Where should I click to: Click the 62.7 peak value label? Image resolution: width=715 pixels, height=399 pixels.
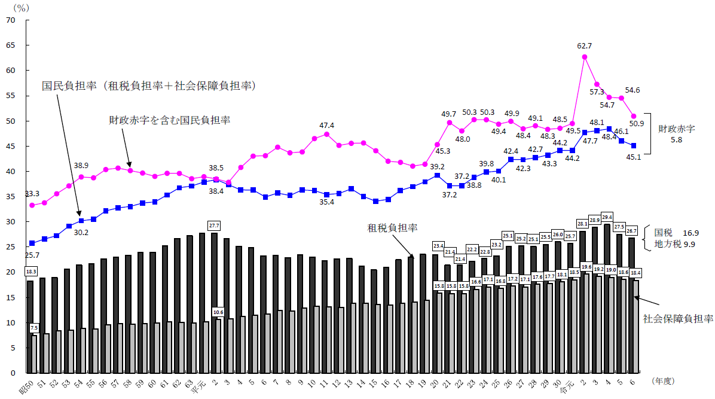pos(584,45)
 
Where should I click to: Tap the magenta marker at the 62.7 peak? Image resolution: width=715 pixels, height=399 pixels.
pos(584,57)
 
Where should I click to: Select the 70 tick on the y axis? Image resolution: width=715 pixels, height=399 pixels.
pos(11,20)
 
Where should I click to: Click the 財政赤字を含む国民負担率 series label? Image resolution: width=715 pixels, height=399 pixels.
pos(169,120)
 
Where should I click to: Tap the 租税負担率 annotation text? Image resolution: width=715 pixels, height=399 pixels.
pos(392,228)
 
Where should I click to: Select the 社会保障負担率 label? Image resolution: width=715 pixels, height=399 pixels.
pos(678,319)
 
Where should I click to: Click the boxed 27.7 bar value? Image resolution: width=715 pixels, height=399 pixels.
pos(215,226)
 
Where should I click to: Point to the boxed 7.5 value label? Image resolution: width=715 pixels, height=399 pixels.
pos(34,328)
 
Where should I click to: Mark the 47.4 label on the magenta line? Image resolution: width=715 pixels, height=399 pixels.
pos(326,125)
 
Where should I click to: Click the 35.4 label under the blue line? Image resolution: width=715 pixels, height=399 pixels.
pos(326,203)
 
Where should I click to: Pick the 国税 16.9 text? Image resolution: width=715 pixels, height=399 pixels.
pos(676,232)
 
